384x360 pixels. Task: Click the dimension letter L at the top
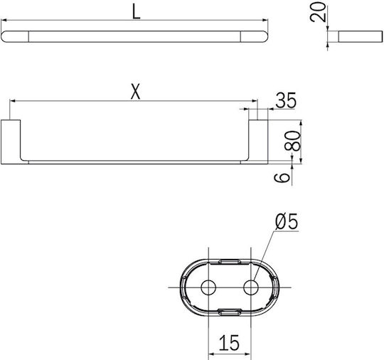[136, 12]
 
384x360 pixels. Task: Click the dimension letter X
[135, 91]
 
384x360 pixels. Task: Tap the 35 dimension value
[286, 100]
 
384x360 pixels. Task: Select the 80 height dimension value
[292, 141]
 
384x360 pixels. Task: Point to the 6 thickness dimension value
[282, 177]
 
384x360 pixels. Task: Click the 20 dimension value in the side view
[318, 12]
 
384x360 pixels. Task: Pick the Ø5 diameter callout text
[287, 221]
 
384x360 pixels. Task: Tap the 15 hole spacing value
[229, 343]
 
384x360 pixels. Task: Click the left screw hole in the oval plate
[208, 287]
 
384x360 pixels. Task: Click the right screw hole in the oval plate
[251, 287]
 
